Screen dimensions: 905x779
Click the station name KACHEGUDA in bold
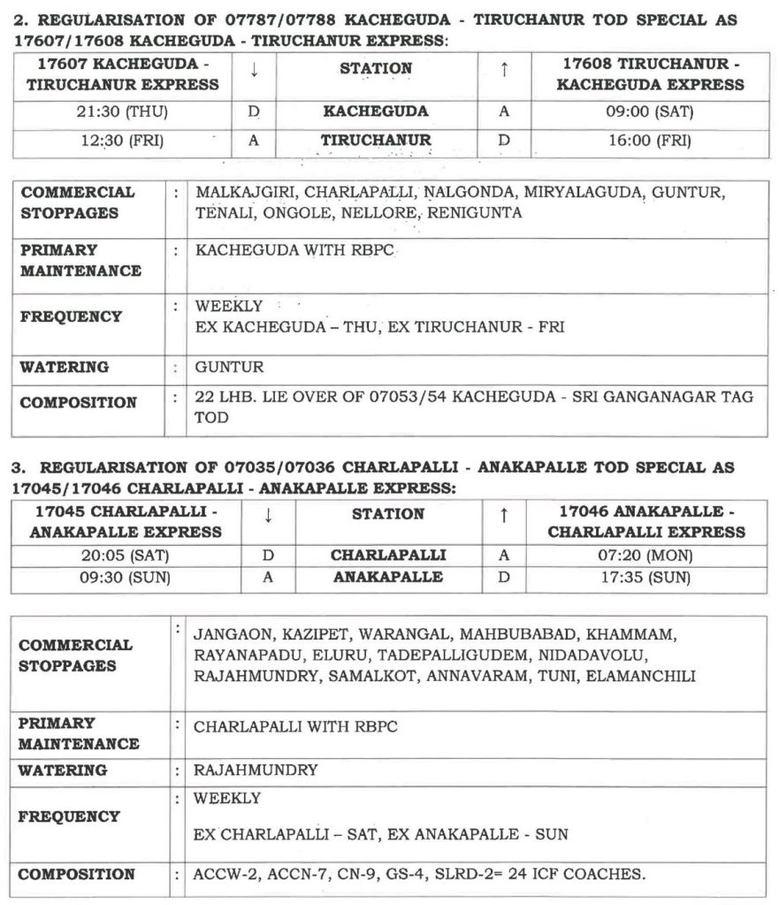(375, 112)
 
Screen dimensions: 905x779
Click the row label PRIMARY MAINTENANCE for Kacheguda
(80, 261)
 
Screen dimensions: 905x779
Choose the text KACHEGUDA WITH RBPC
(294, 251)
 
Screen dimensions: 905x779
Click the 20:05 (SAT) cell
(125, 556)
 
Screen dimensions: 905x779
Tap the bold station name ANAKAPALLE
(387, 577)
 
